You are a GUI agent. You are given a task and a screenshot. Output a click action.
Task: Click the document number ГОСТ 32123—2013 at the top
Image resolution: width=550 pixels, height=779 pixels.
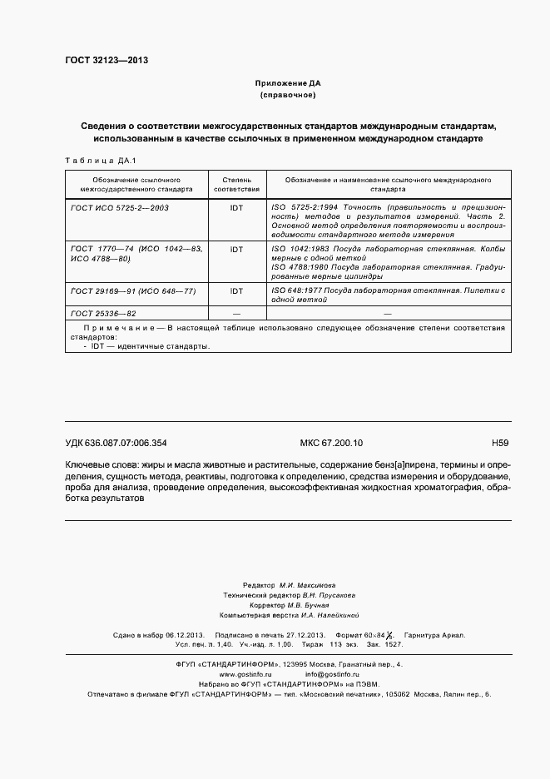point(107,60)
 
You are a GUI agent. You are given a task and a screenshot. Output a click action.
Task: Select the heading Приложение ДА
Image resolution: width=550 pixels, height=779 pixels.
point(288,83)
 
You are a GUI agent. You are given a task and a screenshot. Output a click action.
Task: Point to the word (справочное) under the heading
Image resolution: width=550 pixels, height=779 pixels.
point(288,96)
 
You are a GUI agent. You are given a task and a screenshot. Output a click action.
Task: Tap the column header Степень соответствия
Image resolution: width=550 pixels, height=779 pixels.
point(236,184)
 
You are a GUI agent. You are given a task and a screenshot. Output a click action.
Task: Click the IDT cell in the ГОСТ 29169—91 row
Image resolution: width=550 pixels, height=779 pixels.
point(236,291)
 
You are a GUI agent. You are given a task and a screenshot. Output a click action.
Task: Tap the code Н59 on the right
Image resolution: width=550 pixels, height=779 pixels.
point(500,444)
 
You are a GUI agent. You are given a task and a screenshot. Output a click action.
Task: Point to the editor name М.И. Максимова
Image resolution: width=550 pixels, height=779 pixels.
point(308,586)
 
